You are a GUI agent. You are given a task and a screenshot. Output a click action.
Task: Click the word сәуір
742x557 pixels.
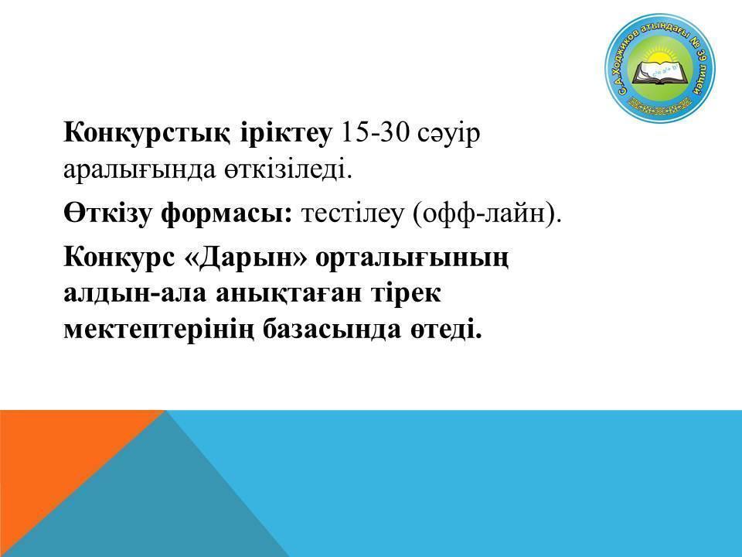[x=449, y=135]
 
